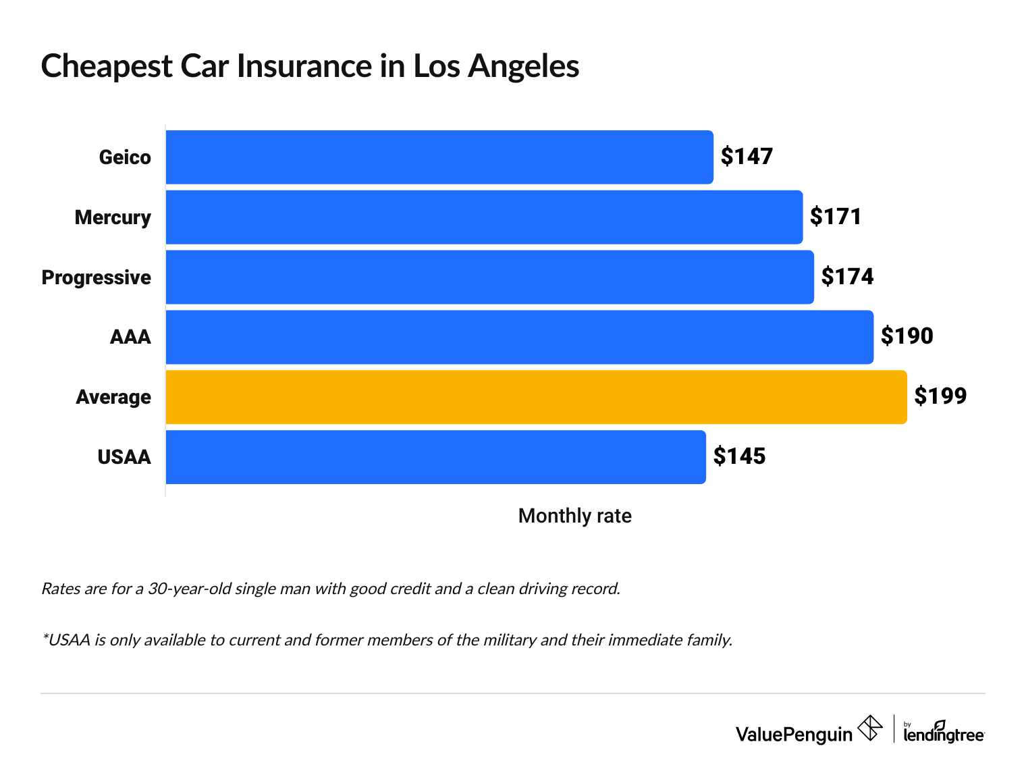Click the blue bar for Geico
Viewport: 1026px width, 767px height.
439,157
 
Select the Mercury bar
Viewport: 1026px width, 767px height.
484,217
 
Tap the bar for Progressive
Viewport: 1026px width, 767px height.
489,277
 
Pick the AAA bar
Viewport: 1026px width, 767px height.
519,337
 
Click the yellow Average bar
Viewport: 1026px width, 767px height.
536,397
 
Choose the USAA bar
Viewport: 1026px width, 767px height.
435,457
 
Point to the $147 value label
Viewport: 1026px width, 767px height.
747,157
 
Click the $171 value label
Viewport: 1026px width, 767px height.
836,217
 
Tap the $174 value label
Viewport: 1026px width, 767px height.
847,277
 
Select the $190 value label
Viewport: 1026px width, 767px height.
907,336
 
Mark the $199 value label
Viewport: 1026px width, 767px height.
940,396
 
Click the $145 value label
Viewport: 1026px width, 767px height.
739,456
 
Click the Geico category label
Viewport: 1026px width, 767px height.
125,157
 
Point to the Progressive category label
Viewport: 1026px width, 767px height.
97,277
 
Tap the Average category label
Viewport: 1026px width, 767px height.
113,397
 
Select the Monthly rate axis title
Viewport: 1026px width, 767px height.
574,516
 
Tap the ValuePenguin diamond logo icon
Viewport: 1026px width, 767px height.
869,729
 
